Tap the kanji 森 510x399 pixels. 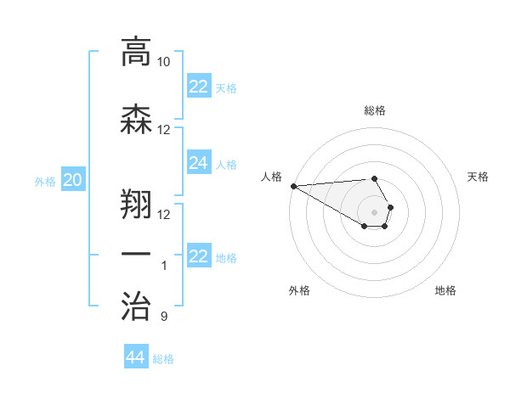[x=136, y=119]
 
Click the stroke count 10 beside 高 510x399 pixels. [x=164, y=62]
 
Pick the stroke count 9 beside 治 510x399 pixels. [x=164, y=317]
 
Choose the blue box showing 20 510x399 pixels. [x=73, y=179]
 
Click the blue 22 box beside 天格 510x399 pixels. [x=199, y=86]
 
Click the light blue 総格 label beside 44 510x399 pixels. [x=163, y=359]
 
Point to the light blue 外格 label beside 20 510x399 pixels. [x=44, y=181]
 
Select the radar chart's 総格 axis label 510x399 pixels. [x=375, y=110]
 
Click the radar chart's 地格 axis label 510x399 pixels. [x=445, y=290]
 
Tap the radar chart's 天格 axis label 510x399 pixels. [x=479, y=177]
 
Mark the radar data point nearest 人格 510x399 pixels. [x=293, y=186]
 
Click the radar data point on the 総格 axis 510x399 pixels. [x=375, y=178]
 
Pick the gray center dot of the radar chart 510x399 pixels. [x=375, y=211]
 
